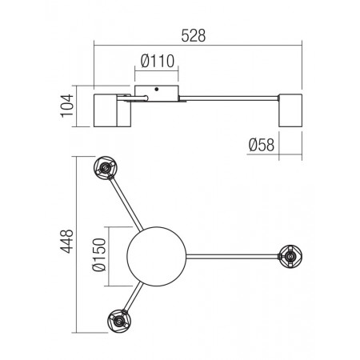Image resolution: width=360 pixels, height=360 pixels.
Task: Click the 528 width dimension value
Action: pyautogui.click(x=194, y=36)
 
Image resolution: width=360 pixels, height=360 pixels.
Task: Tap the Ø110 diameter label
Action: pyautogui.click(x=158, y=61)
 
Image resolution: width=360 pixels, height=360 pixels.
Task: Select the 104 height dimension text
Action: pyautogui.click(x=67, y=106)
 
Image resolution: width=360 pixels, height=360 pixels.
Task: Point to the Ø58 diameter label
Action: pyautogui.click(x=262, y=145)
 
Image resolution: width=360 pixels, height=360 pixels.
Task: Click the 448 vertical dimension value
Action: pyautogui.click(x=66, y=241)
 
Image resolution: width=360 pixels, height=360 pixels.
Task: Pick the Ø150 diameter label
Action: pyautogui.click(x=99, y=254)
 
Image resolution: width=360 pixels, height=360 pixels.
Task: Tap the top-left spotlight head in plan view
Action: pyautogui.click(x=106, y=168)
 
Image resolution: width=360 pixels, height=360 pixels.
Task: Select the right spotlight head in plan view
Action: pyautogui.click(x=290, y=257)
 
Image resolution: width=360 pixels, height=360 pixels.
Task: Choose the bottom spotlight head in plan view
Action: pyautogui.click(x=119, y=321)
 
